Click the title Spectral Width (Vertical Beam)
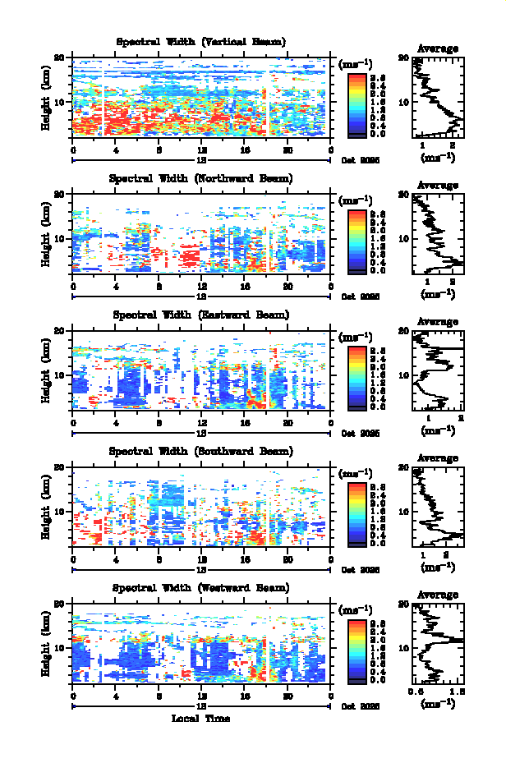tap(201, 42)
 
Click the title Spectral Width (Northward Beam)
tap(201, 178)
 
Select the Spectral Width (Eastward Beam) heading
tap(201, 315)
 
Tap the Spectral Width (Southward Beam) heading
tap(201, 452)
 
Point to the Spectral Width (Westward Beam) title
tap(201, 588)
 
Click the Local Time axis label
tap(201, 719)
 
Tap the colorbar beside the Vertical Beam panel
tap(356, 103)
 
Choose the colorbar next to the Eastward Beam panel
tap(356, 377)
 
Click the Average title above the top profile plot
tap(438, 48)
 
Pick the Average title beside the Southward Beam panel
tap(438, 458)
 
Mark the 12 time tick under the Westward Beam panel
tap(202, 696)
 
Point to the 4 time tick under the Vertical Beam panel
tap(116, 149)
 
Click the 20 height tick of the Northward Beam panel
tap(59, 194)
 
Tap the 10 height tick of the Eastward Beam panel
tap(59, 375)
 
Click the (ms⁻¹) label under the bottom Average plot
tap(438, 704)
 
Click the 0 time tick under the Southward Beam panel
tap(73, 559)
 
